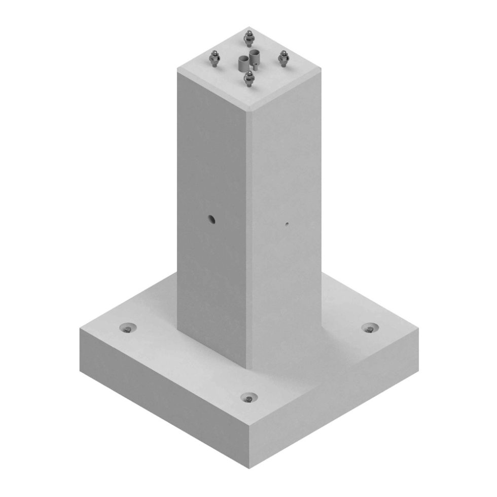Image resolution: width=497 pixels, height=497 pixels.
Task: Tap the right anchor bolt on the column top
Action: pyautogui.click(x=283, y=58)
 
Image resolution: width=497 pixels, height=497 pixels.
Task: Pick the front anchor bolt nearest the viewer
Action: pyautogui.click(x=248, y=79)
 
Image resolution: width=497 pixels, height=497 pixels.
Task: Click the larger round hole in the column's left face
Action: pyautogui.click(x=211, y=219)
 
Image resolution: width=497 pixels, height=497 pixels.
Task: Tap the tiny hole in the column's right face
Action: pyautogui.click(x=287, y=223)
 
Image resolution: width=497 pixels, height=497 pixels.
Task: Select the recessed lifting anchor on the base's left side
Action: pyautogui.click(x=127, y=328)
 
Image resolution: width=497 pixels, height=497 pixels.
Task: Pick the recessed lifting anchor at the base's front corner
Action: pyautogui.click(x=248, y=398)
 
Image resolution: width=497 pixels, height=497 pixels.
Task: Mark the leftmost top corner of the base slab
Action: pyautogui.click(x=80, y=329)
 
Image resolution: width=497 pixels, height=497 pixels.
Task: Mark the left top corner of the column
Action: pyautogui.click(x=177, y=69)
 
